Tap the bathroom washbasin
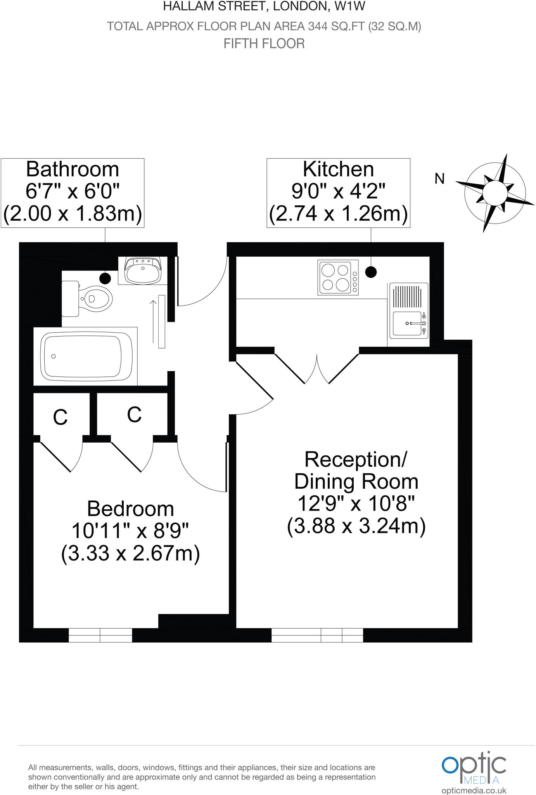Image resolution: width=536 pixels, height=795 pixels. pyautogui.click(x=143, y=270)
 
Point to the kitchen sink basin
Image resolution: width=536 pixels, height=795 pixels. pyautogui.click(x=407, y=323)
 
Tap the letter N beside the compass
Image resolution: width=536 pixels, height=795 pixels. pyautogui.click(x=439, y=179)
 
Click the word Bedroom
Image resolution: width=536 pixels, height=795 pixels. pyautogui.click(x=130, y=509)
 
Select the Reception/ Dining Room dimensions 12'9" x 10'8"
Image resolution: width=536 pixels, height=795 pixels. pyautogui.click(x=356, y=504)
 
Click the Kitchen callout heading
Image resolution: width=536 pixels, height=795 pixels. pyautogui.click(x=338, y=169)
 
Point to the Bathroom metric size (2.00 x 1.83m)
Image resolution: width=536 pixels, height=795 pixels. pyautogui.click(x=73, y=214)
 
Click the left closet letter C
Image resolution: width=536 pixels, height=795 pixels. pyautogui.click(x=60, y=418)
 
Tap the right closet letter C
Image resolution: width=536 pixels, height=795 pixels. pyautogui.click(x=134, y=415)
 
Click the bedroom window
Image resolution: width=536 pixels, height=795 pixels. pyautogui.click(x=100, y=635)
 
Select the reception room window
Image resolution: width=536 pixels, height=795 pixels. pyautogui.click(x=317, y=635)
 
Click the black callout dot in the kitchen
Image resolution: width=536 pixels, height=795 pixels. pyautogui.click(x=371, y=272)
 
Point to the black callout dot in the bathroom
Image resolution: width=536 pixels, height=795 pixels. pyautogui.click(x=105, y=278)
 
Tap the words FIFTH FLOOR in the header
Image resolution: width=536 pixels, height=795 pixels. pyautogui.click(x=264, y=43)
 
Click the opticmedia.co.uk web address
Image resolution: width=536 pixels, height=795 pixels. pyautogui.click(x=474, y=790)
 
